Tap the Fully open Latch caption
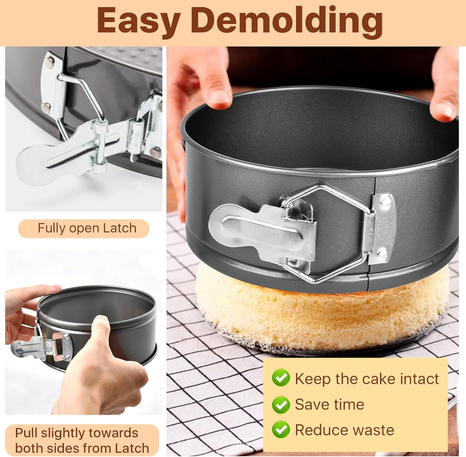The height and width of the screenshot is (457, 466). (87, 228)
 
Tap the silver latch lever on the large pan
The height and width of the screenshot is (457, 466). (258, 229)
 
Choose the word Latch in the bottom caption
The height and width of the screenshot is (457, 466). (133, 448)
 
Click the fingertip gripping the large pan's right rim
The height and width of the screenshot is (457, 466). (445, 106)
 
